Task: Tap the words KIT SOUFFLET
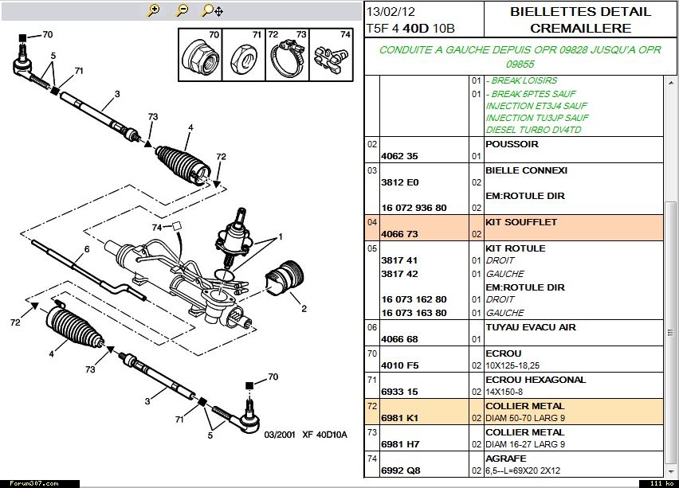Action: click(x=521, y=222)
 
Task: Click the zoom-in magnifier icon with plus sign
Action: click(x=154, y=10)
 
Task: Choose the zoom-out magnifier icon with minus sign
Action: click(x=183, y=10)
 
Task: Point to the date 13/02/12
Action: click(x=391, y=12)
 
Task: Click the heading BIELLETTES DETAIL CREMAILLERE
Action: click(x=579, y=20)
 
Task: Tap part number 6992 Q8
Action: click(x=400, y=470)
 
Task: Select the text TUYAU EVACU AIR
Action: click(x=530, y=327)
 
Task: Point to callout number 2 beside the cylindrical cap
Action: click(x=303, y=308)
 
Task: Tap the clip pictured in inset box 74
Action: click(x=331, y=58)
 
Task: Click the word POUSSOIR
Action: click(x=512, y=144)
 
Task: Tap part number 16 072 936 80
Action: click(x=425, y=209)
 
